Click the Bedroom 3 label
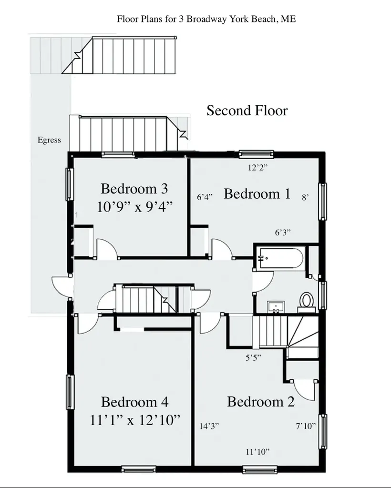(134, 189)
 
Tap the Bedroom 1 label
(257, 194)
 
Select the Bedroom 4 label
(134, 402)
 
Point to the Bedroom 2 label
(260, 402)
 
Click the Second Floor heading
(247, 111)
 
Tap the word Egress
(49, 140)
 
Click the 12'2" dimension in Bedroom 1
(258, 168)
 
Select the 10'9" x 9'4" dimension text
(134, 207)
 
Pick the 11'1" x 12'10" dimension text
(135, 420)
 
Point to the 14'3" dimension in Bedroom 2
(209, 426)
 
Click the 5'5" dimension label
(253, 358)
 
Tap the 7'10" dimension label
(306, 426)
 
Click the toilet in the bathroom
(306, 302)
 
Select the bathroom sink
(276, 306)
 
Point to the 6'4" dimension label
(205, 197)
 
